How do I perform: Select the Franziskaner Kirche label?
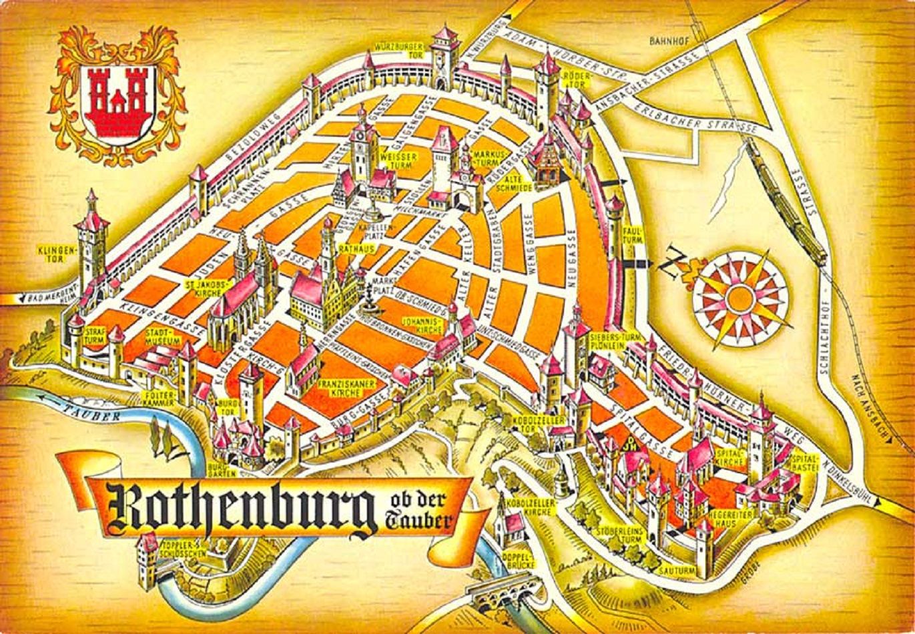[x=340, y=389]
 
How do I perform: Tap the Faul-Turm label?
[x=631, y=234]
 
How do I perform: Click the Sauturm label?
[x=677, y=571]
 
